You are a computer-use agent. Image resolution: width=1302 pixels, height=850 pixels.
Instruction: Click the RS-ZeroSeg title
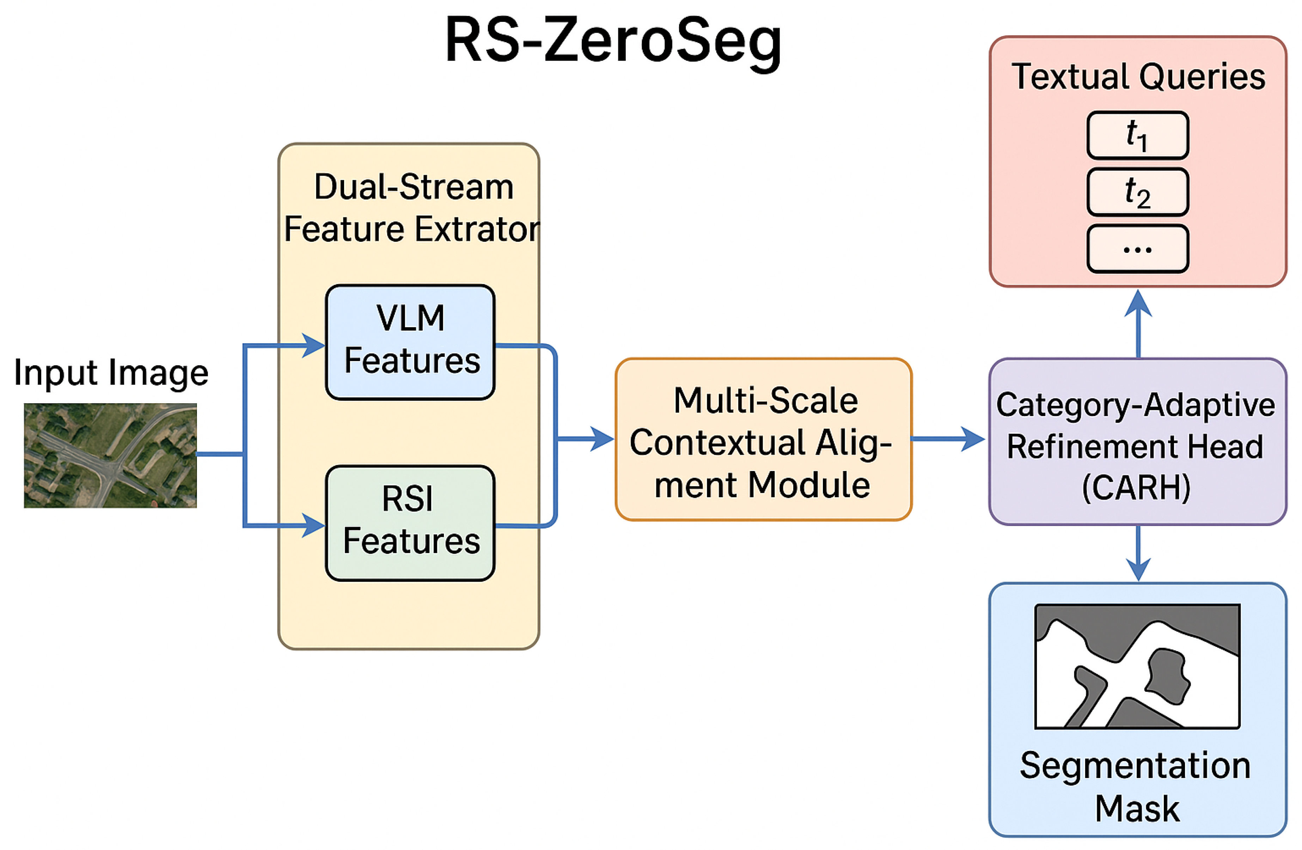click(x=613, y=41)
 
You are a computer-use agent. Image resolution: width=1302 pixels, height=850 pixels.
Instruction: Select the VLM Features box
click(x=410, y=342)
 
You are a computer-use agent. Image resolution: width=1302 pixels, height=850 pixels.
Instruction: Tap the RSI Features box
click(x=410, y=523)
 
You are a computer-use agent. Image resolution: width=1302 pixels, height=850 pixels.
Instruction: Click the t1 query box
click(x=1137, y=135)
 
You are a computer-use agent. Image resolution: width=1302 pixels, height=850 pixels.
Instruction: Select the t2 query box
click(x=1137, y=192)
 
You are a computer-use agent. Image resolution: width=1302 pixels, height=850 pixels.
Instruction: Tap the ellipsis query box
click(x=1137, y=249)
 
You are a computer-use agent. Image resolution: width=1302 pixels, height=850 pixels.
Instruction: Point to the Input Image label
click(x=111, y=373)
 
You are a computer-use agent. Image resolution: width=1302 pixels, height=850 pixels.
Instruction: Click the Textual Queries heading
click(x=1138, y=76)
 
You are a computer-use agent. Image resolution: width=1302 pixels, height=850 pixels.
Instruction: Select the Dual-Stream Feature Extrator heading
click(x=411, y=208)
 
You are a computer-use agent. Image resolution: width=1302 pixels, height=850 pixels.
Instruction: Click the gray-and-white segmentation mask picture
click(x=1137, y=666)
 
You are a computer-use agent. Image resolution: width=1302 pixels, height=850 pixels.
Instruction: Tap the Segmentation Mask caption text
click(x=1136, y=787)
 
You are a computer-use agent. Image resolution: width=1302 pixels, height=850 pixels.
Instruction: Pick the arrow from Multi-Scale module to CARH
click(x=971, y=439)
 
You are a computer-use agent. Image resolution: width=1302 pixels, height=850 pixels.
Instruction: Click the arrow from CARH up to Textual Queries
click(x=1138, y=306)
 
